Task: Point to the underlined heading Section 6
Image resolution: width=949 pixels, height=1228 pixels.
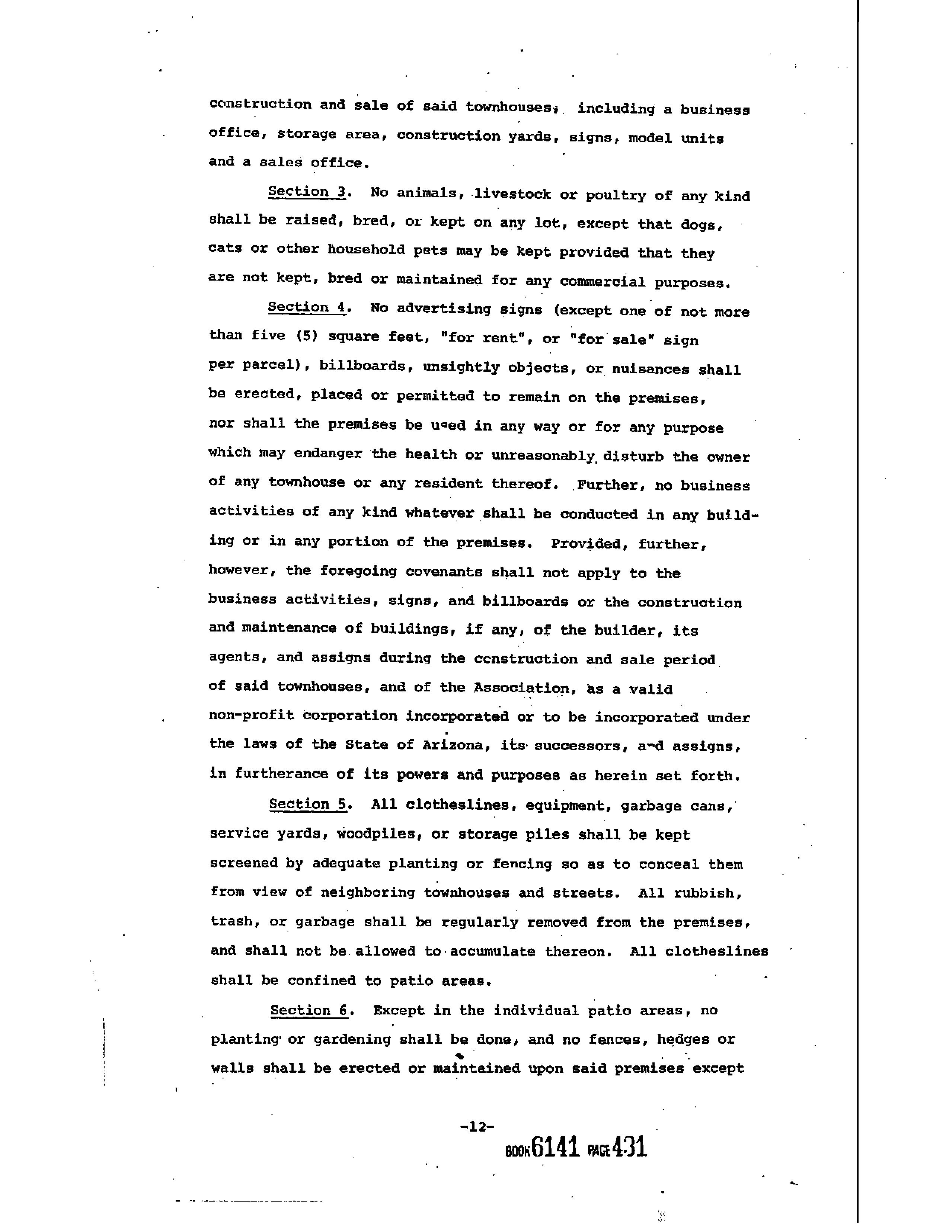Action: [309, 1010]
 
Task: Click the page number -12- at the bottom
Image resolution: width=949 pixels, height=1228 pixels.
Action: [477, 1127]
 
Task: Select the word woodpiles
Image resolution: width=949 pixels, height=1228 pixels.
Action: [380, 834]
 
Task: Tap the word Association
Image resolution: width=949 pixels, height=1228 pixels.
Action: [521, 688]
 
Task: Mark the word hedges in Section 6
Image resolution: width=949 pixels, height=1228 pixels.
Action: [683, 1039]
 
